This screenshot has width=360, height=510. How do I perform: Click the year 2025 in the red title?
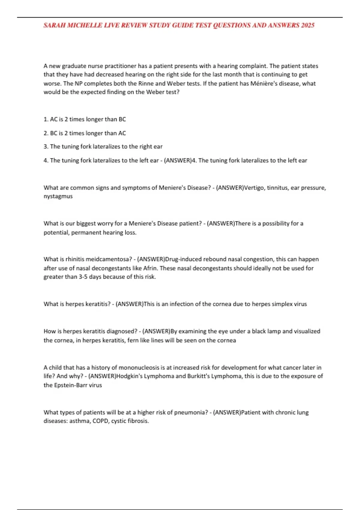click(x=307, y=25)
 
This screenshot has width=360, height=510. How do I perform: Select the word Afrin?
click(x=150, y=268)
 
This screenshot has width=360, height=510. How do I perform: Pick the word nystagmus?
click(x=58, y=196)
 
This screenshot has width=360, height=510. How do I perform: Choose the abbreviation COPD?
click(x=100, y=421)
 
